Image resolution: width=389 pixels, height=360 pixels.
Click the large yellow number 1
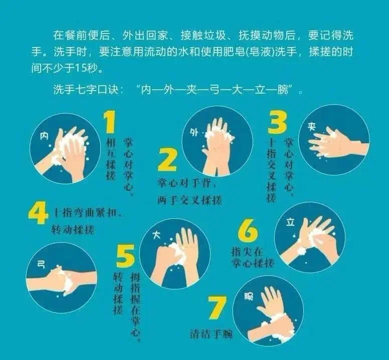110,122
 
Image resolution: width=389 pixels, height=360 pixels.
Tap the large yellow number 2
167,160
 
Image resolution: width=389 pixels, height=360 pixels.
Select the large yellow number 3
277,122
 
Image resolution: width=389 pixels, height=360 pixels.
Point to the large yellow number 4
38,213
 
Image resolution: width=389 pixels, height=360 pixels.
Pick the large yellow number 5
125,255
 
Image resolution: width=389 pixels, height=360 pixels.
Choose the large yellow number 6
248,230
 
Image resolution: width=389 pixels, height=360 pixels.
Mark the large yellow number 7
218,307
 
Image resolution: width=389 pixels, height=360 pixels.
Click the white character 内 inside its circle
44,136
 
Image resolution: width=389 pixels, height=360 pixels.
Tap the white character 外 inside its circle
194,133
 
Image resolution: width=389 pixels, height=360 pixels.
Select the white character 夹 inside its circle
312,127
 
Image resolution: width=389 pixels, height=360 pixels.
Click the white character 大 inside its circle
156,235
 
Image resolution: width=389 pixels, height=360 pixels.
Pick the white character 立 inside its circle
290,222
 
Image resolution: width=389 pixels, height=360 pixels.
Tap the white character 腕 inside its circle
249,296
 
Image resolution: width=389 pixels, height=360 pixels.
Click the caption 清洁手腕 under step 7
211,334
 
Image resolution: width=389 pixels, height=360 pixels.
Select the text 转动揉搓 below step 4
73,230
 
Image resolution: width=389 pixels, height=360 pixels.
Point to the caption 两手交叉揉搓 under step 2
189,200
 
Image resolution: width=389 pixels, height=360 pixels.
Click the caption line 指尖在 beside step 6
247,252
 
